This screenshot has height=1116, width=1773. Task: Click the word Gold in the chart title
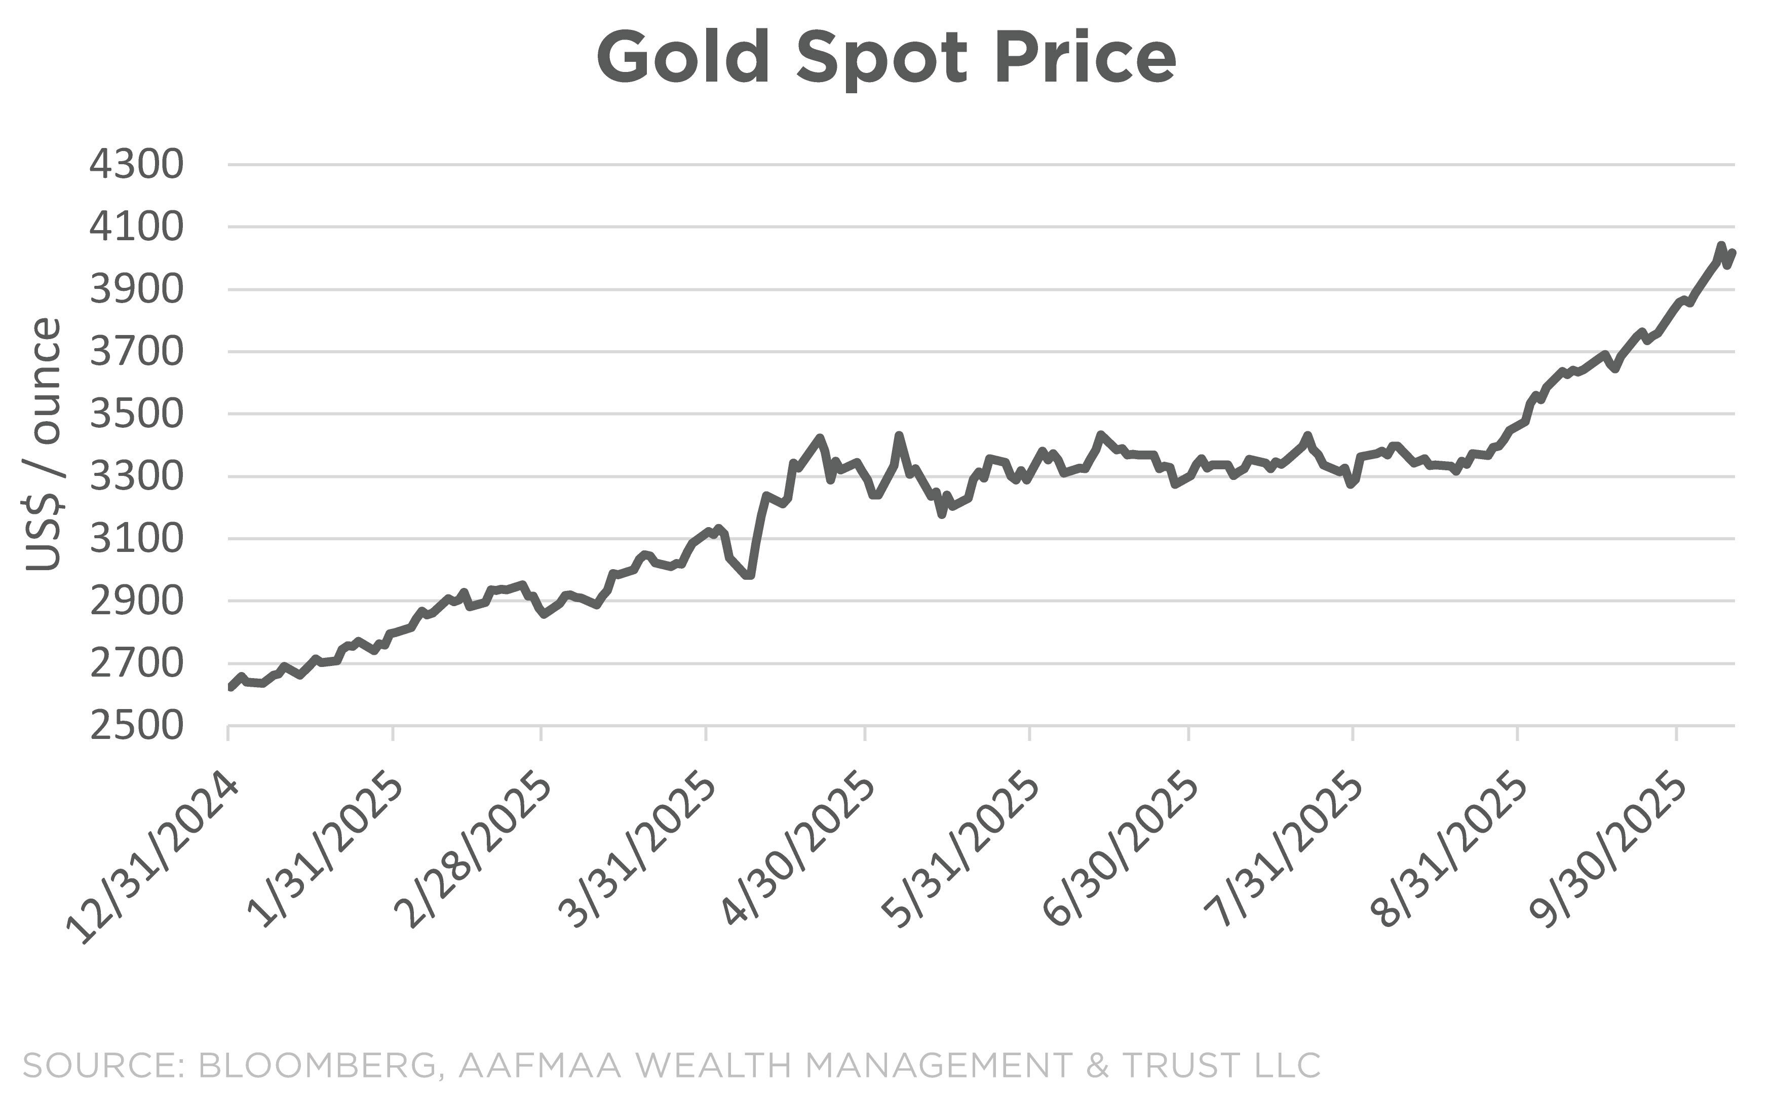[x=683, y=59]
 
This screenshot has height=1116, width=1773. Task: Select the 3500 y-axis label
[x=136, y=414]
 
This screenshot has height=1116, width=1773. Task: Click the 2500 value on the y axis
[x=136, y=726]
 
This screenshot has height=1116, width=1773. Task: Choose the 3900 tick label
[x=136, y=289]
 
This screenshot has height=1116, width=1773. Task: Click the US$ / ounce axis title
[x=43, y=444]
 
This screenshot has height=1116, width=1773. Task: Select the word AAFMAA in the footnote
[x=539, y=1066]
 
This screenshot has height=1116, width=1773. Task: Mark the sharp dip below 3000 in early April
[x=749, y=575]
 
